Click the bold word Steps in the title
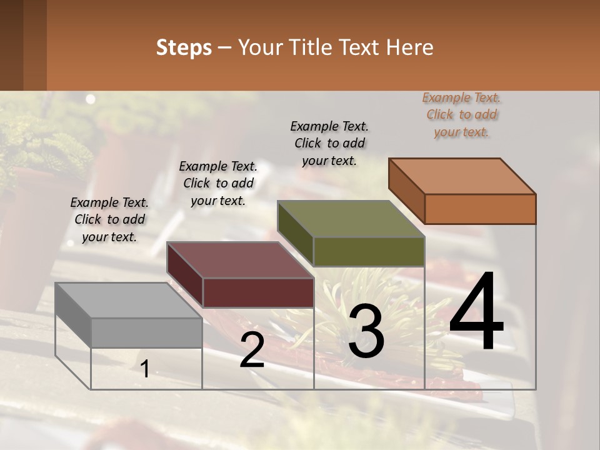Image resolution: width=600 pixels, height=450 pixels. (184, 47)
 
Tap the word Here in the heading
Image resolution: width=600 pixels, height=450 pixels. (409, 47)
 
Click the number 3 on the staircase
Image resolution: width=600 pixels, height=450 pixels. (366, 331)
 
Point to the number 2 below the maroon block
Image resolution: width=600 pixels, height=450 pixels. (252, 350)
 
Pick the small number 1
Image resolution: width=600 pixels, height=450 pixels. (144, 369)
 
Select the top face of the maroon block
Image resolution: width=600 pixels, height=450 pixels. (240, 260)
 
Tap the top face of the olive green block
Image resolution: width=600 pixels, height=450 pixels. (351, 219)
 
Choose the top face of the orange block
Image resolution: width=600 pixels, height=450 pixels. (462, 176)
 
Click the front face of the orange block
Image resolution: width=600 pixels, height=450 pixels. (480, 209)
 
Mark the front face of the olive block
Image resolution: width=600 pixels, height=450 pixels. (369, 252)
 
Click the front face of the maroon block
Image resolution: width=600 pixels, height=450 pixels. (258, 292)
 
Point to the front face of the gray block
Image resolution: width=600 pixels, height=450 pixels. (146, 332)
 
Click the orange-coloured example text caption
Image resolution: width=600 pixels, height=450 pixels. (461, 114)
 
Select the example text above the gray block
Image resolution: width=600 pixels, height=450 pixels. (109, 219)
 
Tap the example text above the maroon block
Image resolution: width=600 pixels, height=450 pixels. (218, 183)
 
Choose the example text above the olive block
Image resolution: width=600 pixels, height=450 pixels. (329, 143)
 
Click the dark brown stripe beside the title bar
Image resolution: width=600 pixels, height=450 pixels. (23, 45)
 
